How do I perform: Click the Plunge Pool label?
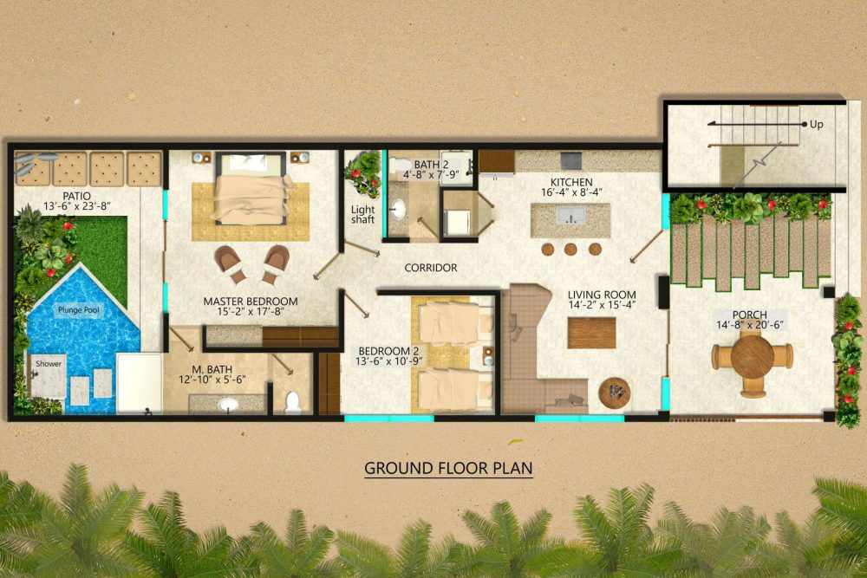coord(79,310)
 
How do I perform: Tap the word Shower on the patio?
coord(49,364)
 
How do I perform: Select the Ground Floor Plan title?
coord(448,468)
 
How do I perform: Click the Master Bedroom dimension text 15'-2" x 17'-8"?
coord(251,312)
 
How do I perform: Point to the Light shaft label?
coord(362,214)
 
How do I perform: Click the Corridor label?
coord(431,268)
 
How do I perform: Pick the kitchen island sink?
coord(570,215)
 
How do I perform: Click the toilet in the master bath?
coord(292,402)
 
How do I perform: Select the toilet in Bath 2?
coord(397,165)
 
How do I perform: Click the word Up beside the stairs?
coord(816,125)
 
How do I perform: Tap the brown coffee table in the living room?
coord(591,333)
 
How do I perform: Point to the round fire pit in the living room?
coord(615,393)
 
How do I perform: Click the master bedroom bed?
coord(251,188)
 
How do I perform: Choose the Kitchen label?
coord(571,182)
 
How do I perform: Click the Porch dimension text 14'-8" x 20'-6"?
coord(750,325)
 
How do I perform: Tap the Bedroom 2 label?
coord(388,351)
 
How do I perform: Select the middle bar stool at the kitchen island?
coord(570,250)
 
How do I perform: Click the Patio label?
coord(77,196)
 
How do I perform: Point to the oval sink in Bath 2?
coord(398,210)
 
